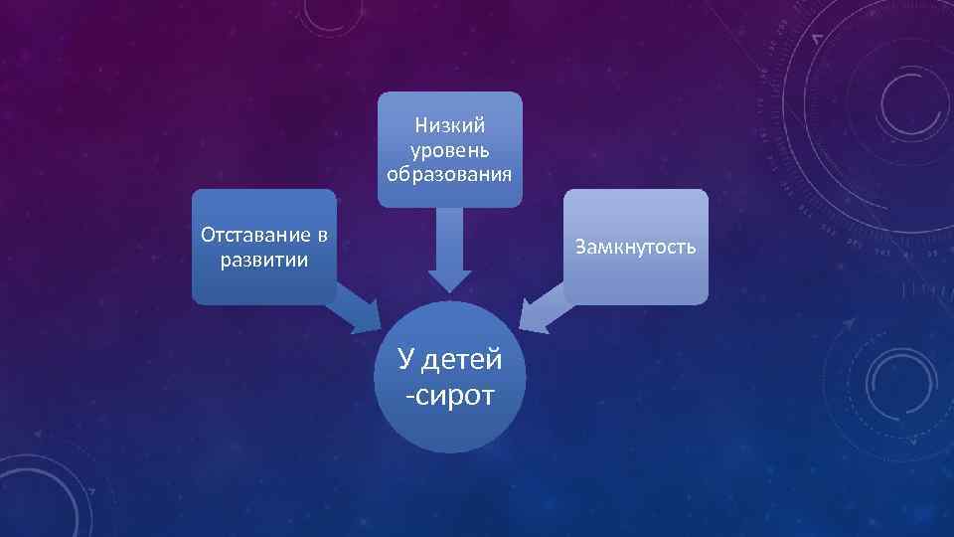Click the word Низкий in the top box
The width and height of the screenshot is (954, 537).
pos(450,125)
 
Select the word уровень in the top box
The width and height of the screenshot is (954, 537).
pos(450,150)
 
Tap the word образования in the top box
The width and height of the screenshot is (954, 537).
pos(450,174)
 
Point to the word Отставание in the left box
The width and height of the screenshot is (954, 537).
pos(254,236)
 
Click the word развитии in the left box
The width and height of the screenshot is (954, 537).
pos(264,261)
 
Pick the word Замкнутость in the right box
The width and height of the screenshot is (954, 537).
pos(636,247)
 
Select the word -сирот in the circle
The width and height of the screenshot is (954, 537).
pos(450,395)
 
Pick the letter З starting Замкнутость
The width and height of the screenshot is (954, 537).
pos(581,247)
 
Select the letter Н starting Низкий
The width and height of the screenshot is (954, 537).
pos(421,125)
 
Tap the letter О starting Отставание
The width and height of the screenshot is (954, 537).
pos(207,236)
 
